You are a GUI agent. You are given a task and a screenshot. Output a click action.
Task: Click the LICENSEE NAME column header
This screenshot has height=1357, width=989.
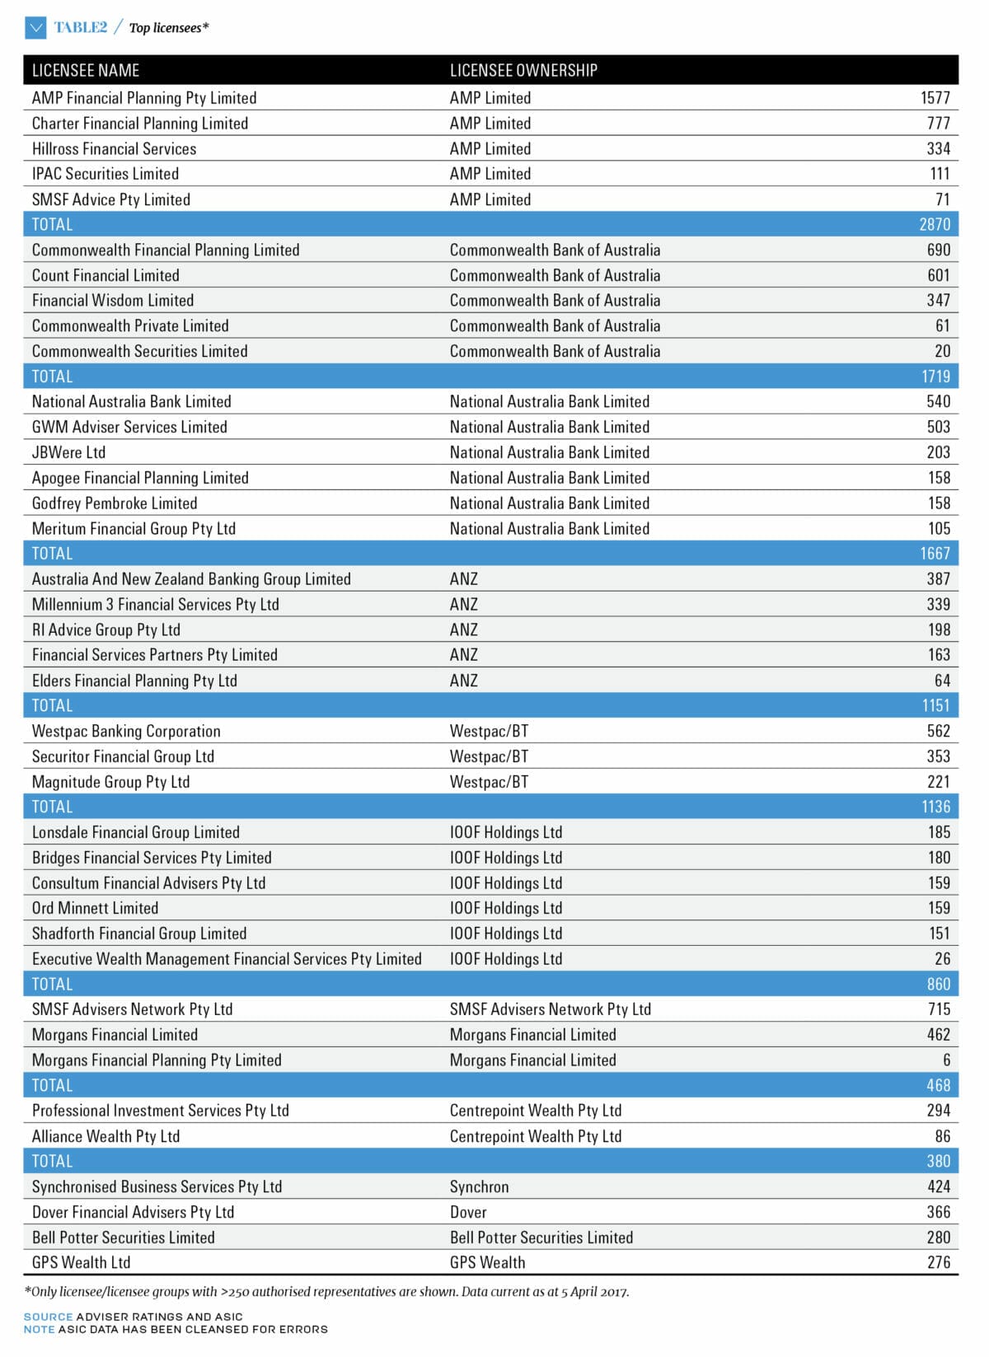[86, 70]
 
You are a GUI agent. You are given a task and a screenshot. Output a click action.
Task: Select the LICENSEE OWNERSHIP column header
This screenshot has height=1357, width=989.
[523, 70]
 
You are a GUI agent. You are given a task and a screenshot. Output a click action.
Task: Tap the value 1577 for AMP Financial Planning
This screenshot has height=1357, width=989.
[935, 98]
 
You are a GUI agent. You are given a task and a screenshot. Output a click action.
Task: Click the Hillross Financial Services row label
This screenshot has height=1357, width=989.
[114, 149]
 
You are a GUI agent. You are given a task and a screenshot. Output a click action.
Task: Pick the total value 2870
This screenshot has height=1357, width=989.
[935, 224]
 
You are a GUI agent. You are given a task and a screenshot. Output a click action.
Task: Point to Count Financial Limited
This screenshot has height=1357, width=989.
[105, 275]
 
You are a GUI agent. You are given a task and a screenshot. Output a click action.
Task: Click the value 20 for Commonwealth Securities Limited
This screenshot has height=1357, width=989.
[942, 351]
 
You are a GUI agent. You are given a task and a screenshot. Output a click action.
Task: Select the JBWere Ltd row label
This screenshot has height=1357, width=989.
[68, 452]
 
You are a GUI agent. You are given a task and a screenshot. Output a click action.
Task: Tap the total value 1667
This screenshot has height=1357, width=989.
[935, 554]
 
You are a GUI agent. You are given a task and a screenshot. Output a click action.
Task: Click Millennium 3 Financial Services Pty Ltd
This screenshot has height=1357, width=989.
[155, 604]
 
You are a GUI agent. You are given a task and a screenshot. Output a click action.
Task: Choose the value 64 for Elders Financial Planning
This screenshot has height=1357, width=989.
[942, 681]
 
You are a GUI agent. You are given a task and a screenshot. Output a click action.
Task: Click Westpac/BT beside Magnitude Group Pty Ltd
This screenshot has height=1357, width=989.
[489, 782]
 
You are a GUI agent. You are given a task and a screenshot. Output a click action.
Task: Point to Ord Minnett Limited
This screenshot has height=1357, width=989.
[95, 908]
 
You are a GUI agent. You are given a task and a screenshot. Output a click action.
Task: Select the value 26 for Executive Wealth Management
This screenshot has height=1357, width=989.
[942, 959]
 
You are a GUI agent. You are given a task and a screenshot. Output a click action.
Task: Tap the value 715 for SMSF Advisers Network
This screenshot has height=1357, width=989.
[938, 1009]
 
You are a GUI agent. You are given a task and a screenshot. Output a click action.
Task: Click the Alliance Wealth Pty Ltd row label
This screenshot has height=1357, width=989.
[105, 1136]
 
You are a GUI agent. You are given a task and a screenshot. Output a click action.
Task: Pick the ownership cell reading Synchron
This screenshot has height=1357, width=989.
[479, 1186]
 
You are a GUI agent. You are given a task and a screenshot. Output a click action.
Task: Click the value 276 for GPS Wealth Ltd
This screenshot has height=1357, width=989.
[938, 1262]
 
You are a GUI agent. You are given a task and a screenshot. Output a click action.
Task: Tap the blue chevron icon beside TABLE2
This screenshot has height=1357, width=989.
[35, 28]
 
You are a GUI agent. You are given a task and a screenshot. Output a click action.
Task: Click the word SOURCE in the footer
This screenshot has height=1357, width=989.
[48, 1317]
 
